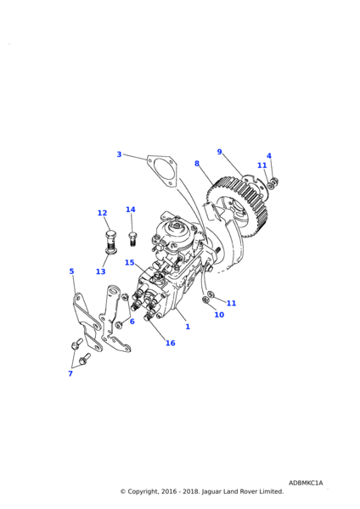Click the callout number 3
click(x=119, y=154)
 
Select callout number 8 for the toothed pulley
click(x=197, y=164)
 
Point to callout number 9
click(x=219, y=152)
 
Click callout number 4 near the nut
click(x=269, y=156)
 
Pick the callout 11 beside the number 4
click(x=262, y=165)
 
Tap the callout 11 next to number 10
click(x=231, y=303)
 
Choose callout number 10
click(x=219, y=315)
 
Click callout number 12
click(x=103, y=213)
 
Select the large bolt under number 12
click(x=110, y=241)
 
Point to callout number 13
click(x=101, y=271)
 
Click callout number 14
click(x=131, y=210)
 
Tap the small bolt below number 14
click(x=132, y=238)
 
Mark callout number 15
click(x=130, y=262)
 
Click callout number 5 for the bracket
click(x=72, y=271)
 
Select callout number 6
click(x=132, y=322)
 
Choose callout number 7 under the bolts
click(x=70, y=373)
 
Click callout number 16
click(x=171, y=343)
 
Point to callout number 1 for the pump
click(x=188, y=327)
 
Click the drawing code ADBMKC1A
click(x=306, y=483)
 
